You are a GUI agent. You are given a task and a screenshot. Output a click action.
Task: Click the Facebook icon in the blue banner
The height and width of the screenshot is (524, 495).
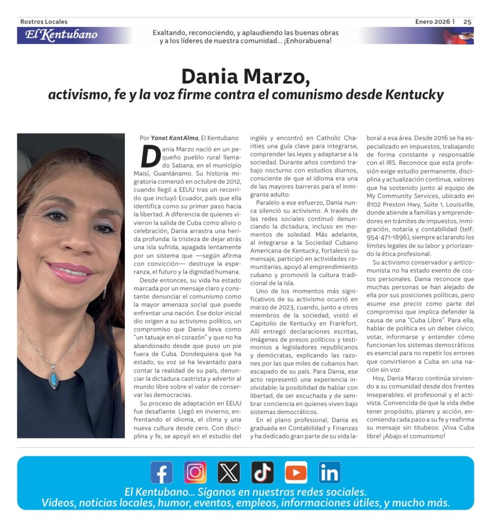point(161,472)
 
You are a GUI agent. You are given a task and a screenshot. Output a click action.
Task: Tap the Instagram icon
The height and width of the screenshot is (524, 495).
point(195,472)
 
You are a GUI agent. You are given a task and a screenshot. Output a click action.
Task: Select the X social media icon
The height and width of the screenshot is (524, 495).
point(229,472)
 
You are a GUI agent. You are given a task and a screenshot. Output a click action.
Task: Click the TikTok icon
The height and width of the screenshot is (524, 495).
point(262,472)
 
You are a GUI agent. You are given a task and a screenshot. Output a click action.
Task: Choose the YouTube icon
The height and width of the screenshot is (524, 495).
point(296,472)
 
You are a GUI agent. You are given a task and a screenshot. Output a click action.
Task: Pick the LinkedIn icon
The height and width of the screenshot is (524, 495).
point(329,472)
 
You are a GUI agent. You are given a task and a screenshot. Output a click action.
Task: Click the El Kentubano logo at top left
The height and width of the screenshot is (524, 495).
point(61,35)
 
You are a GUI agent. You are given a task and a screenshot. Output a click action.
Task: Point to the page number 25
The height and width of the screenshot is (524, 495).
point(467,21)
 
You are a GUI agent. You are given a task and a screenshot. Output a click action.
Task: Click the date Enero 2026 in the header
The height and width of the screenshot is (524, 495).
point(433,21)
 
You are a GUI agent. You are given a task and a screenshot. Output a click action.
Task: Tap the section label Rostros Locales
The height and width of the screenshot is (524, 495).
point(44,21)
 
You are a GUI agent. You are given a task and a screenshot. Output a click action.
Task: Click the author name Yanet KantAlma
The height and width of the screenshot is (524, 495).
point(175,138)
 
